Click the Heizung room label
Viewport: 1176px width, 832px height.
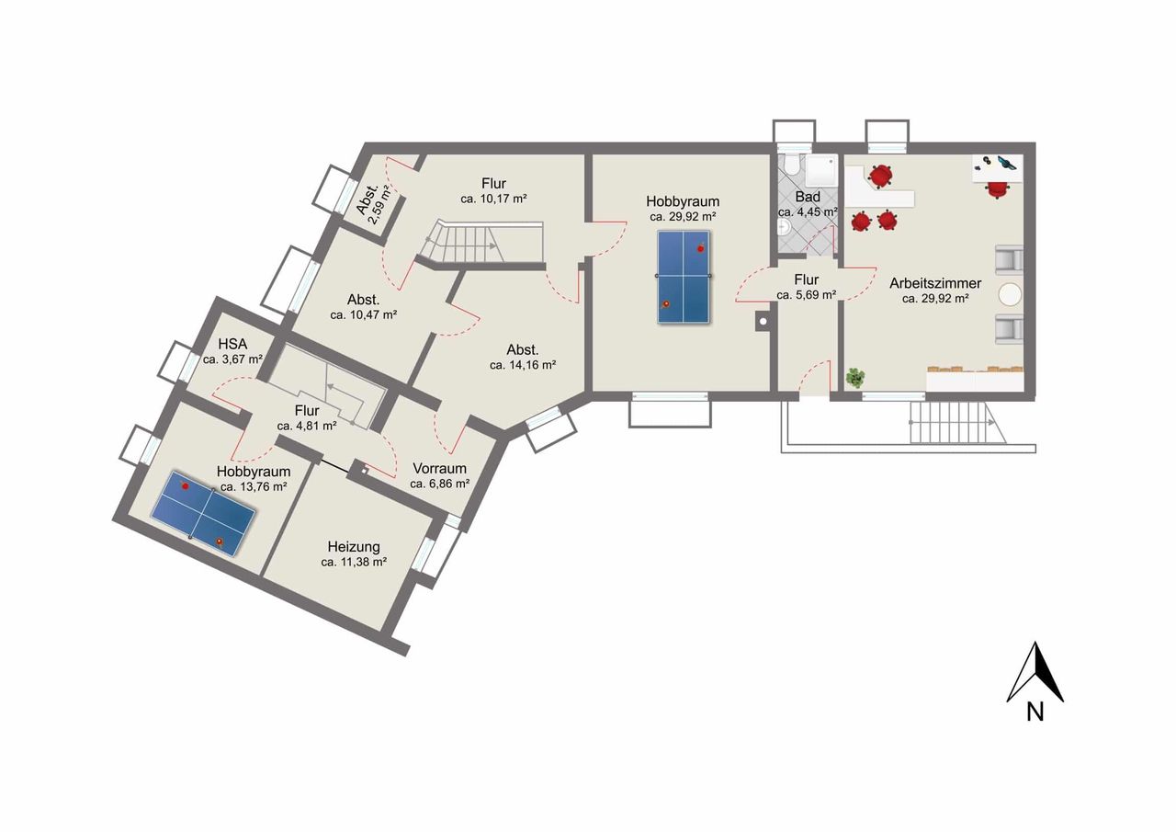pos(354,547)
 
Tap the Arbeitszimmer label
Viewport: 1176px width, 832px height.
pos(935,284)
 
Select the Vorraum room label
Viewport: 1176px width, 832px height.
pos(439,468)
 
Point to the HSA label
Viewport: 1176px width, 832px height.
pos(232,344)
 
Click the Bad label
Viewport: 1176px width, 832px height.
pos(808,197)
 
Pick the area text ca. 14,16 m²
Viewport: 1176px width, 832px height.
pos(523,365)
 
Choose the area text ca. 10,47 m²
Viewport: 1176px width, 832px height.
pos(363,315)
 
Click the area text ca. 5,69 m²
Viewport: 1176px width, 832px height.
pos(807,295)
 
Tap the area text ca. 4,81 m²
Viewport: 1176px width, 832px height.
pos(307,426)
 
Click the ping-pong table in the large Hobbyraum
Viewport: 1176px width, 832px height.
pos(684,277)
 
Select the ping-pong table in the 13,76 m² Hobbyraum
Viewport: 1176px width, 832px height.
pos(203,513)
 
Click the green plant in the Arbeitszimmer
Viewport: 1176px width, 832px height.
pos(855,378)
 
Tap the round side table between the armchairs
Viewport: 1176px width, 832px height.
pos(1010,294)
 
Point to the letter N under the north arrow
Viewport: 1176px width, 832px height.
pos(1035,712)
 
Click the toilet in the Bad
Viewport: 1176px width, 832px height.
pos(789,164)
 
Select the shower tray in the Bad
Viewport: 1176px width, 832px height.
pos(820,171)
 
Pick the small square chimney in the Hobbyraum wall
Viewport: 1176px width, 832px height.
pos(763,321)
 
